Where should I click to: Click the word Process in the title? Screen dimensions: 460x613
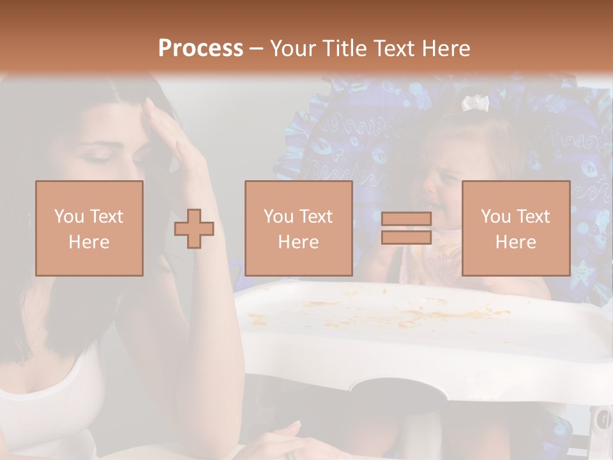click(201, 49)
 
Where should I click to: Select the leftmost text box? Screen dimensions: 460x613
click(89, 228)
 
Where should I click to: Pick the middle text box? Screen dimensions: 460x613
click(299, 228)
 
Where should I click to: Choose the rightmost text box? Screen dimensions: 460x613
click(515, 228)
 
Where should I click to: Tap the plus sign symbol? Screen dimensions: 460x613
click(194, 228)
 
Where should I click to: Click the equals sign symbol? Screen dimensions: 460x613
click(406, 228)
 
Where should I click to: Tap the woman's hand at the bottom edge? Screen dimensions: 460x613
click(287, 441)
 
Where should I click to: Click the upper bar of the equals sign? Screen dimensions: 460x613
click(406, 219)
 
